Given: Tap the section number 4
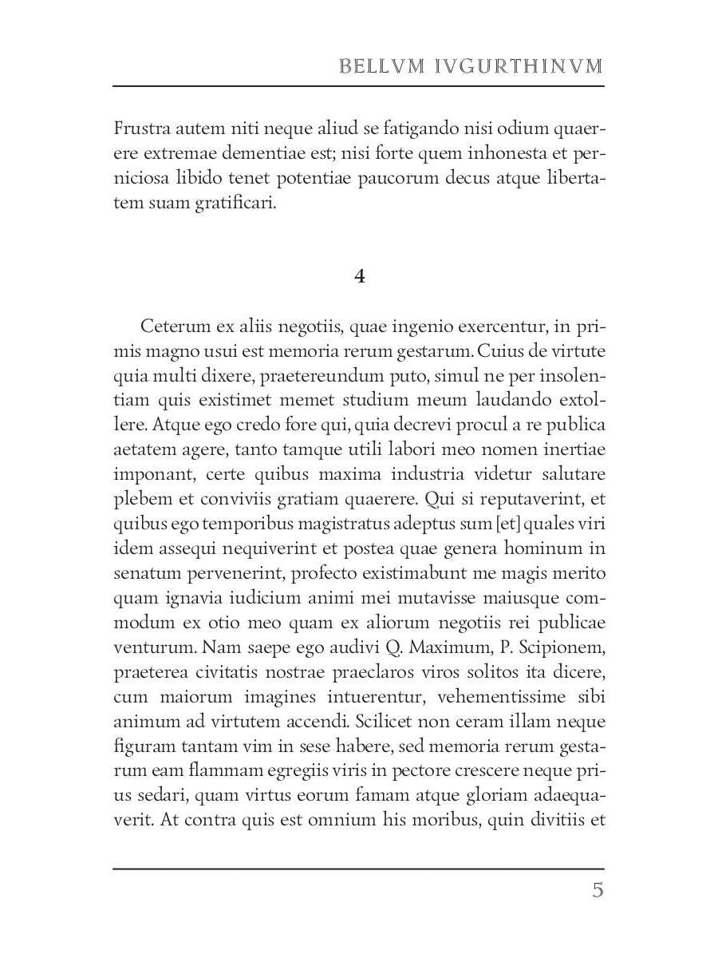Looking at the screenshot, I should (x=359, y=276).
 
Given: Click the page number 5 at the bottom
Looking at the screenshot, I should (x=598, y=891).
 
